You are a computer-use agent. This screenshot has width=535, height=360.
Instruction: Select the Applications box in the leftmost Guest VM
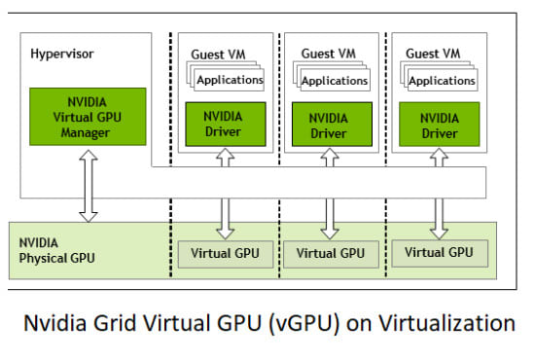pos(230,81)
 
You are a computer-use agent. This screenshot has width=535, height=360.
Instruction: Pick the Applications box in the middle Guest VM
pos(335,81)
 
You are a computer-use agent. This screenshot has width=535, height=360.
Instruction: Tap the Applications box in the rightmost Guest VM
pos(442,81)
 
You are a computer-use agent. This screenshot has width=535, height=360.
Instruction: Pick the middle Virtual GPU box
pos(331,253)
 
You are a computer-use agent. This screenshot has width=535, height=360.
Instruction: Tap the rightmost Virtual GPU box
pos(439,252)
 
